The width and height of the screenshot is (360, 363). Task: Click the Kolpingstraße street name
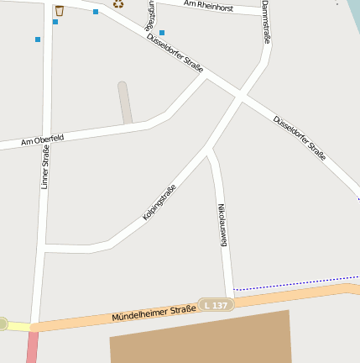pyautogui.click(x=159, y=202)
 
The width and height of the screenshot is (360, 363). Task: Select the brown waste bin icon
pyautogui.click(x=60, y=11)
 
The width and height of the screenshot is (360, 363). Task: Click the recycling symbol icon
pyautogui.click(x=118, y=4)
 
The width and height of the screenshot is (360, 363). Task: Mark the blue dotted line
pyautogui.click(x=294, y=283)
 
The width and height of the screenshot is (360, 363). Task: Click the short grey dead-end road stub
pyautogui.click(x=125, y=103)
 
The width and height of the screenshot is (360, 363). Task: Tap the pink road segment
pyautogui.click(x=32, y=347)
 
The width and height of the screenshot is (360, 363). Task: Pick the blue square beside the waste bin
pyautogui.click(x=55, y=22)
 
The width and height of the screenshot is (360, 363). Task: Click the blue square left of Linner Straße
pyautogui.click(x=38, y=39)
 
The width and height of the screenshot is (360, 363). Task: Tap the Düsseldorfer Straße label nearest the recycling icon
pyautogui.click(x=175, y=52)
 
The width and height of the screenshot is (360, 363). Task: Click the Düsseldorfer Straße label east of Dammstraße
pyautogui.click(x=300, y=137)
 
